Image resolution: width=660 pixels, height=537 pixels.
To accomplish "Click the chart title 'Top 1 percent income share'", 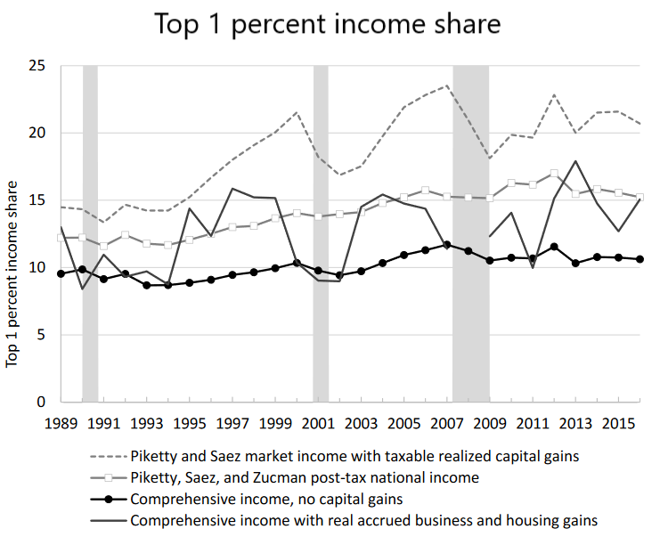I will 328,25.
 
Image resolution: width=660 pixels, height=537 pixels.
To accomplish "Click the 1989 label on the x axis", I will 61,422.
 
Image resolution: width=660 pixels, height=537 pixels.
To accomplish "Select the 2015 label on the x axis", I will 618,422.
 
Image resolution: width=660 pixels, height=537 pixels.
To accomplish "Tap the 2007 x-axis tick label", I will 447,422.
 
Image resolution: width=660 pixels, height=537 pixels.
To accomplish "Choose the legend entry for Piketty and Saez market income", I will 354,456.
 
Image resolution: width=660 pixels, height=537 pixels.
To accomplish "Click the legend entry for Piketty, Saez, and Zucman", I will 304,477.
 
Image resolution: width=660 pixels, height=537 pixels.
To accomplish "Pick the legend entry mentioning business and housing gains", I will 363,520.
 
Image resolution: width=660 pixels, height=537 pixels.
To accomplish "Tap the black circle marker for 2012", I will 555,247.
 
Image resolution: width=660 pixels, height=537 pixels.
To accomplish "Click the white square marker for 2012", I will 555,174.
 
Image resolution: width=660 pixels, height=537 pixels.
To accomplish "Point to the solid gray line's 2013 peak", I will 576,161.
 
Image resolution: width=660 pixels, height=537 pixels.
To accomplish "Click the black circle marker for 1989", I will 61,273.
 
